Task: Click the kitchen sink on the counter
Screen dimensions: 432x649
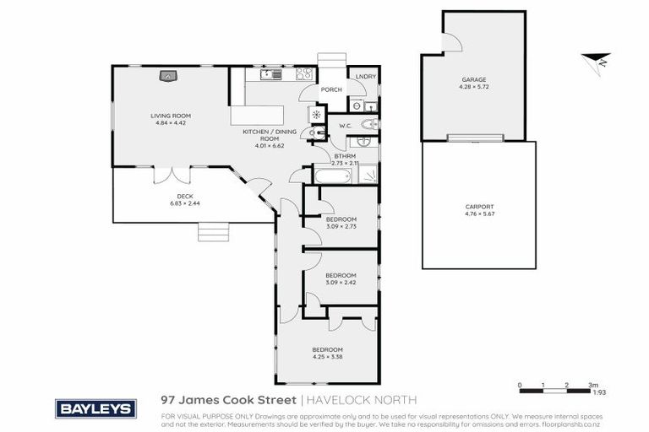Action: tap(268, 74)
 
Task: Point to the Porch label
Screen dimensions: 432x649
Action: tap(331, 90)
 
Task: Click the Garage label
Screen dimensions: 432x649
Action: tap(473, 81)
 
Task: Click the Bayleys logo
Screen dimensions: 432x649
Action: tap(95, 408)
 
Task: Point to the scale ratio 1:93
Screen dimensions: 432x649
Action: tap(597, 391)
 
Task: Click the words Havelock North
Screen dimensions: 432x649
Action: tap(361, 400)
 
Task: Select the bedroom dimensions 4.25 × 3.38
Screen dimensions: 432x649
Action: tap(328, 357)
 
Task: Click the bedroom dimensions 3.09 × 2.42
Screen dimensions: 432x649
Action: tap(341, 282)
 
